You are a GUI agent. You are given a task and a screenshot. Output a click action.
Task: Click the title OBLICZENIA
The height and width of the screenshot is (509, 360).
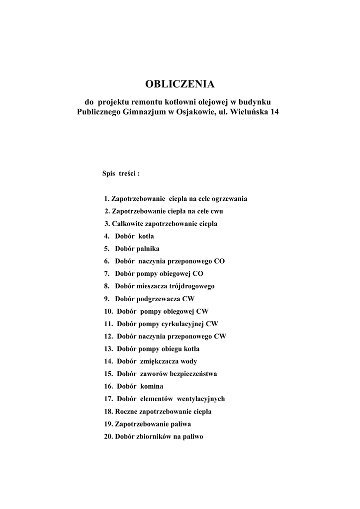180,84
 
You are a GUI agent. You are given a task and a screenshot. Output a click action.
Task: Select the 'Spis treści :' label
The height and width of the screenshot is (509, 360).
121,174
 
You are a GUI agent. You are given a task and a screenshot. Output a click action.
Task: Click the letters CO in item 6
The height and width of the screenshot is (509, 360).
219,261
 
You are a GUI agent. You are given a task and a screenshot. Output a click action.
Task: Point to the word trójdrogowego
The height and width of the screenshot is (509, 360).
191,286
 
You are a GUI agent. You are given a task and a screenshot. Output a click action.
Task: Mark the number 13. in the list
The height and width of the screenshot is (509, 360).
109,348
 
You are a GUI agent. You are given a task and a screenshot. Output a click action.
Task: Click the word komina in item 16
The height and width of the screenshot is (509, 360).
151,386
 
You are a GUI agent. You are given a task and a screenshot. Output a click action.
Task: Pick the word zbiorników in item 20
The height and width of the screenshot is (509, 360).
154,437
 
